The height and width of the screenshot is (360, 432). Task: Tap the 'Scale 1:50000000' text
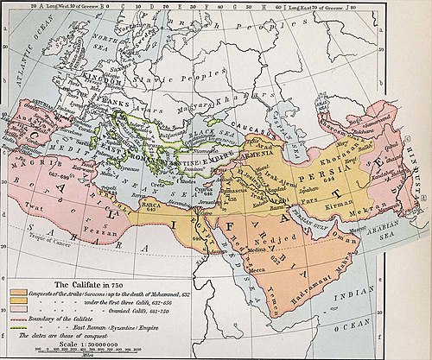click(65, 342)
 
